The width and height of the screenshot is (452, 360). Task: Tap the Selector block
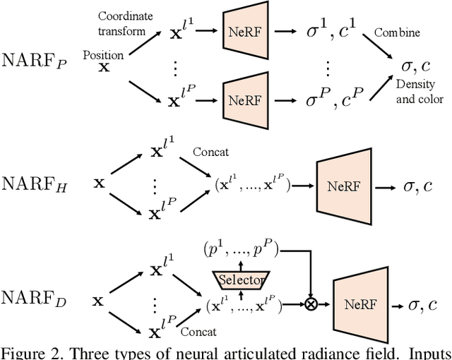pos(239,280)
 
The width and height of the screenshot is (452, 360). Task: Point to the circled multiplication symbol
pos(309,305)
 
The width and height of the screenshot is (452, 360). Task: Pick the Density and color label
pos(420,92)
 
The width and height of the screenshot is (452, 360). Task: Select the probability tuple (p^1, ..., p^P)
pos(241,249)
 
